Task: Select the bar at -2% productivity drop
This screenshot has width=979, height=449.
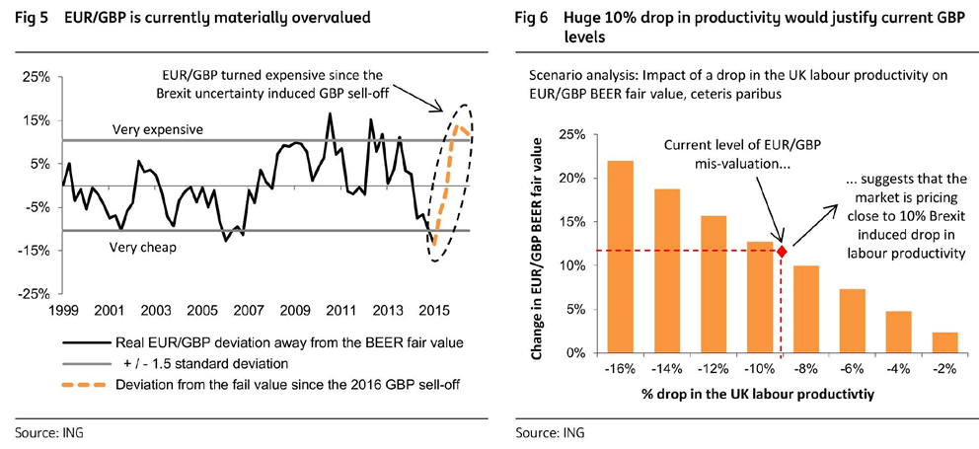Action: point(944,342)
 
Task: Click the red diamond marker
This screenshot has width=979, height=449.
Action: point(783,252)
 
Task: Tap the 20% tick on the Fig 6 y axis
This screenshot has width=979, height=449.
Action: point(574,179)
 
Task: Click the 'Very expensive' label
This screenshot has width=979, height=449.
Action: point(158,129)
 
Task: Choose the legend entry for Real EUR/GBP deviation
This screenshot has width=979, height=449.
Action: point(261,343)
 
